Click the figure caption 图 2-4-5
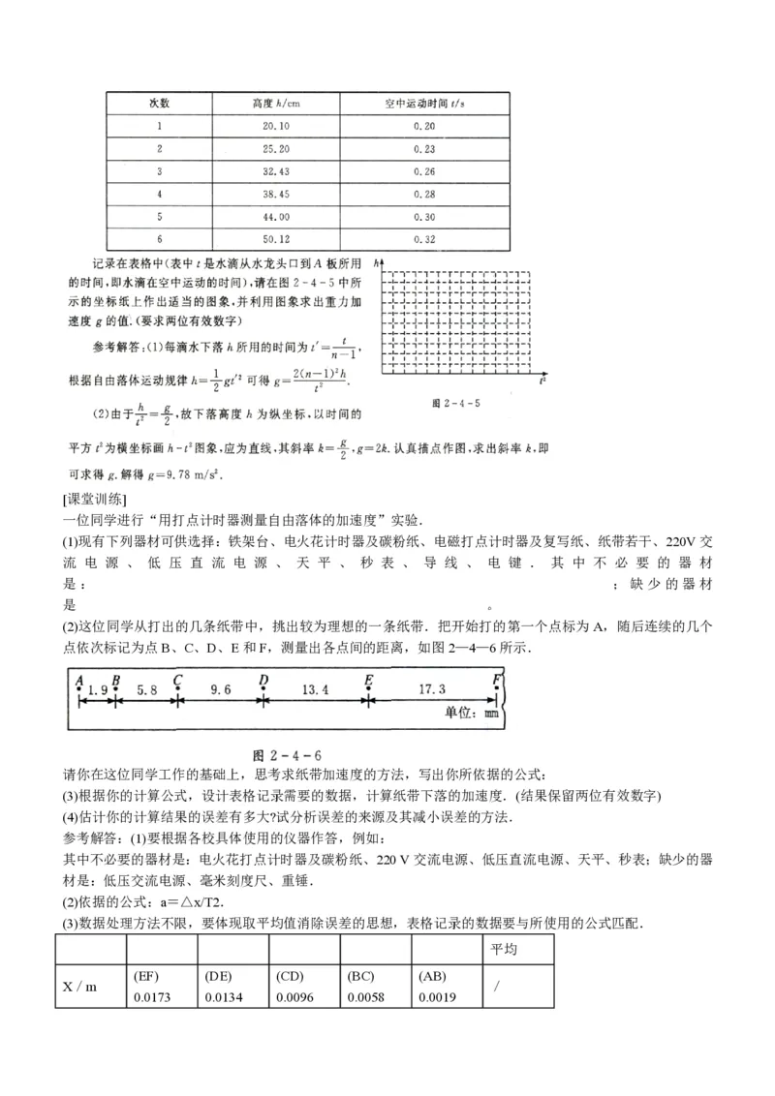[457, 399]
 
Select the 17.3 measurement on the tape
[431, 689]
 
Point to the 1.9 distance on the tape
[97, 689]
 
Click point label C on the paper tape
[177, 678]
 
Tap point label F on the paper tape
[496, 678]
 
